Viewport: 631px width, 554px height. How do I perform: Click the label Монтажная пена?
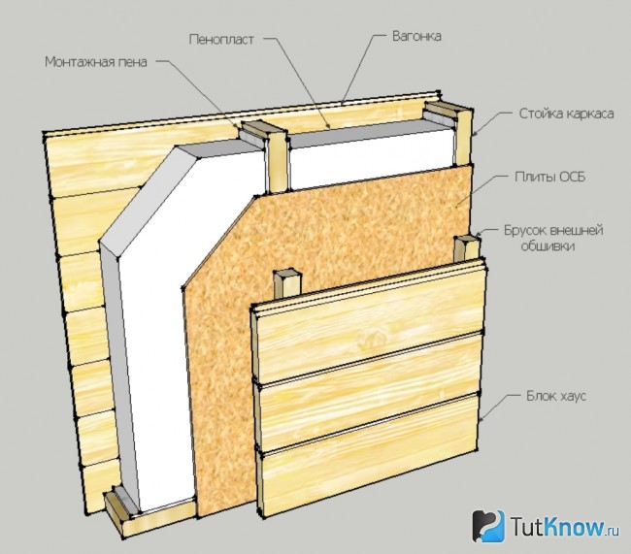pyautogui.click(x=96, y=62)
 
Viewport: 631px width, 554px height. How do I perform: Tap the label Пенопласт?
pyautogui.click(x=221, y=40)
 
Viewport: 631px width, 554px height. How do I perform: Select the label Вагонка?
pyautogui.click(x=416, y=36)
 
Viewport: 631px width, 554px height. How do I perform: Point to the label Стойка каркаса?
pyautogui.click(x=566, y=114)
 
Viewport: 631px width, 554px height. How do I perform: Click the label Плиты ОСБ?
pyautogui.click(x=550, y=177)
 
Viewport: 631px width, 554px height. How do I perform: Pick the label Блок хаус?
pyautogui.click(x=556, y=396)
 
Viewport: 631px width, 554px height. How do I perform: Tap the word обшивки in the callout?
pyautogui.click(x=548, y=245)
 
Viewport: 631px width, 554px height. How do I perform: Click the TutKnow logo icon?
pyautogui.click(x=488, y=526)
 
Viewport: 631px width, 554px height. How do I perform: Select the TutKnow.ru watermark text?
pyautogui.click(x=564, y=527)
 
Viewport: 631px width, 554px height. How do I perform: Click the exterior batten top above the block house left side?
pyautogui.click(x=287, y=275)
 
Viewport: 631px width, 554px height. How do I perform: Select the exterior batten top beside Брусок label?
pyautogui.click(x=468, y=241)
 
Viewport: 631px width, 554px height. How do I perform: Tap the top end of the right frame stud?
pyautogui.click(x=448, y=108)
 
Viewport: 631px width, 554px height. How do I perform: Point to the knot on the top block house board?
pyautogui.click(x=372, y=337)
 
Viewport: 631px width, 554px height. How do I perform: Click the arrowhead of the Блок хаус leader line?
pyautogui.click(x=482, y=420)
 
